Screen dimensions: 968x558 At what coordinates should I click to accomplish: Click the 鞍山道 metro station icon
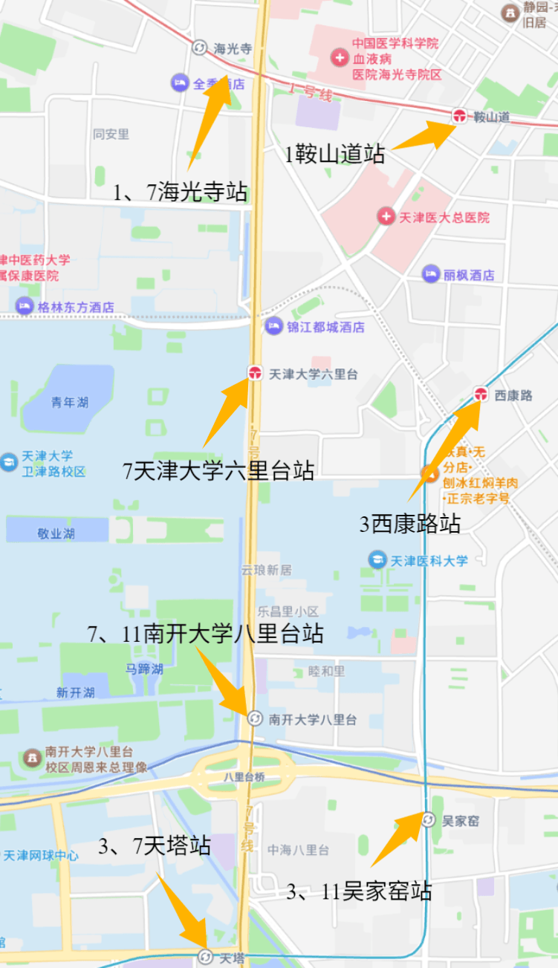click(x=459, y=115)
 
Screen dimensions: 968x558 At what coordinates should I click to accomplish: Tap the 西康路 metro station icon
click(x=481, y=394)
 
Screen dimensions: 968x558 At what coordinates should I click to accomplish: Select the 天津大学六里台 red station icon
click(x=255, y=373)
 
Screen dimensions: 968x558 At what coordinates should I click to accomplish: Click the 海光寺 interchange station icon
click(x=199, y=48)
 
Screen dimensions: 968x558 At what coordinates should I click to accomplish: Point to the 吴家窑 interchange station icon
click(x=428, y=820)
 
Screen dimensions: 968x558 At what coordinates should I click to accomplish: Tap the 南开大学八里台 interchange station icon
click(x=254, y=718)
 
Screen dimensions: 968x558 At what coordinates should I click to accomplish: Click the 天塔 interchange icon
click(x=205, y=958)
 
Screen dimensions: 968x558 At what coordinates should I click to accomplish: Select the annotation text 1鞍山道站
click(x=335, y=155)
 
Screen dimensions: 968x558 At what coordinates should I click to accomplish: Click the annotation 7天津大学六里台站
click(x=218, y=471)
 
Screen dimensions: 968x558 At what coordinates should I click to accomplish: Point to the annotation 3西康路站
click(x=410, y=524)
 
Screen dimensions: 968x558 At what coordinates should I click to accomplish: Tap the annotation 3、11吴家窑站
click(x=359, y=891)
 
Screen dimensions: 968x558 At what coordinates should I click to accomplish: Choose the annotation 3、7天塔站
click(x=155, y=845)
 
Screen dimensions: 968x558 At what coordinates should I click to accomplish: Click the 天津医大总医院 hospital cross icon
click(x=386, y=217)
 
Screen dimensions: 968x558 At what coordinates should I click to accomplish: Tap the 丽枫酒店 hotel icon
click(x=431, y=274)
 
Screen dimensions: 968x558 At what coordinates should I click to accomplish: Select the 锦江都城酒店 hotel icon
click(x=274, y=326)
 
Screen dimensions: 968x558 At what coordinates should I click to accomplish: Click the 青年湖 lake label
click(x=70, y=402)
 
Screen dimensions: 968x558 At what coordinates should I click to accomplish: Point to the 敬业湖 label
click(x=56, y=533)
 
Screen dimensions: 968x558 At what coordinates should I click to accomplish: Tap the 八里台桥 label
click(x=244, y=777)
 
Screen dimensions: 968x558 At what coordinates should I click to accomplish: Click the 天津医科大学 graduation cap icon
click(x=377, y=560)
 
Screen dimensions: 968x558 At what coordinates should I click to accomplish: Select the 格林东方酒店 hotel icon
click(x=25, y=306)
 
